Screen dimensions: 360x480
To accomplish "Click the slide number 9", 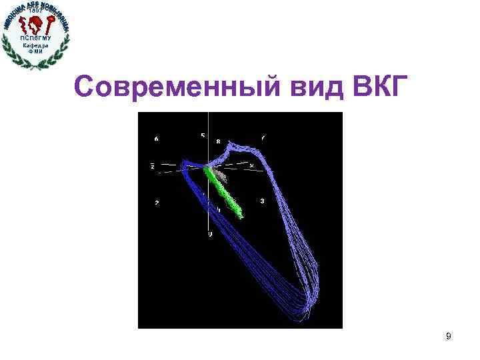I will coord(448,337).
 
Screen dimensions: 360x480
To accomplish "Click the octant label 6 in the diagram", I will coord(156,139).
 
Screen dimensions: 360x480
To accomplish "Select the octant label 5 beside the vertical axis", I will coord(203,137).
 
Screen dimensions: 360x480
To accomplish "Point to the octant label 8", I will coord(218,142).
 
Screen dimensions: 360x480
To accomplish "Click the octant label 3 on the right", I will coord(262,201).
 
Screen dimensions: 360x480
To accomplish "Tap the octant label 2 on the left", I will coord(157,203).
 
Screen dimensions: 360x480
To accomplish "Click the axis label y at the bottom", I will coord(210,235).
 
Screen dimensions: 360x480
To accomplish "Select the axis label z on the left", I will coord(153,165).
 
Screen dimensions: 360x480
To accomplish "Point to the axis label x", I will coord(251,165).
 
